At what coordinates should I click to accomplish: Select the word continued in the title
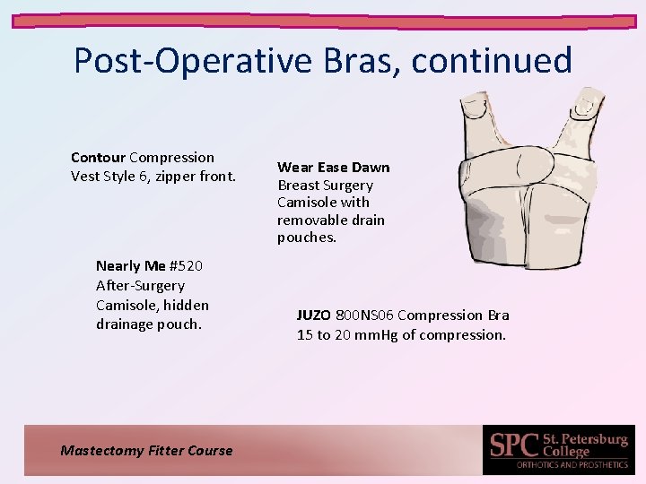coord(492,61)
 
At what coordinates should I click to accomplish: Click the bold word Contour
coord(98,158)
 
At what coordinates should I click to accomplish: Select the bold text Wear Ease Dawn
coord(333,168)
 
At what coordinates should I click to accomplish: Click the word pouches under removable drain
coord(307,238)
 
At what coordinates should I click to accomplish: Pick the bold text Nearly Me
coord(131,266)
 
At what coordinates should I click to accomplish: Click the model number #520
coord(186,266)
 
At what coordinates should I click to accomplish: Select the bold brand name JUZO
coord(314,315)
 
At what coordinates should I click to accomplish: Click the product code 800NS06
coord(364,315)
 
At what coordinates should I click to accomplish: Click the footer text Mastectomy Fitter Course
coord(146,451)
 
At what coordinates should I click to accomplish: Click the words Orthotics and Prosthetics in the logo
coord(572,465)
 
